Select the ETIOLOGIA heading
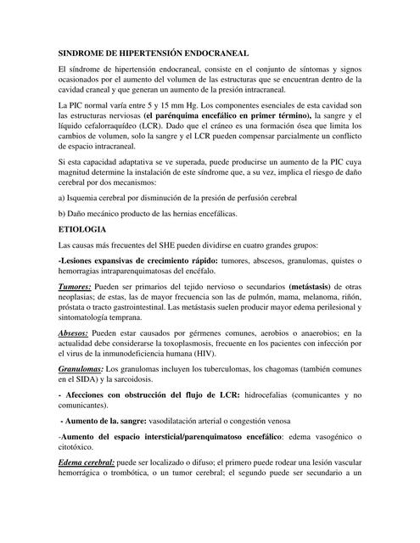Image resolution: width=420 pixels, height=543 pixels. [x=81, y=229]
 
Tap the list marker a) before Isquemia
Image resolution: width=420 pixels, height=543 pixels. [x=61, y=199]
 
